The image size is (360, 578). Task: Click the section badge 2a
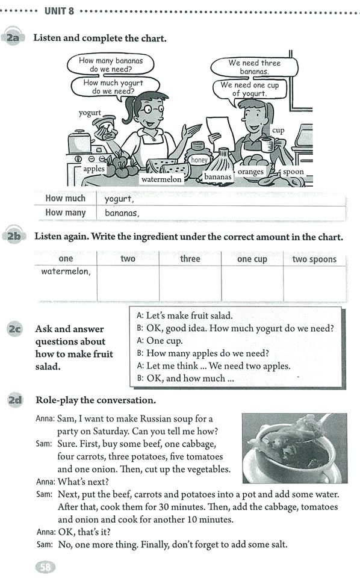click(13, 38)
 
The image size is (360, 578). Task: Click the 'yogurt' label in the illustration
click(90, 113)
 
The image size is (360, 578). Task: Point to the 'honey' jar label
click(199, 160)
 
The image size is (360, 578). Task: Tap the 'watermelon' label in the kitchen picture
click(161, 179)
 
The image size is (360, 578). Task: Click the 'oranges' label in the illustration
click(250, 172)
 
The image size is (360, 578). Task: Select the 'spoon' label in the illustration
click(293, 172)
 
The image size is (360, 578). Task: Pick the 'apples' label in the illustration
click(94, 169)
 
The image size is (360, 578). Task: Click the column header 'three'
click(190, 259)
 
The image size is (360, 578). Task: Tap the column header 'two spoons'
click(314, 259)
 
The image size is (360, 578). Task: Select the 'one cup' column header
click(252, 259)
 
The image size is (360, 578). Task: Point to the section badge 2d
click(13, 400)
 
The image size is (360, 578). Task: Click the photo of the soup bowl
click(294, 447)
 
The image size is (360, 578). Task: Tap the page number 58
click(45, 567)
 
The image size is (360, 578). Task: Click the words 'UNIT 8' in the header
click(60, 10)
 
